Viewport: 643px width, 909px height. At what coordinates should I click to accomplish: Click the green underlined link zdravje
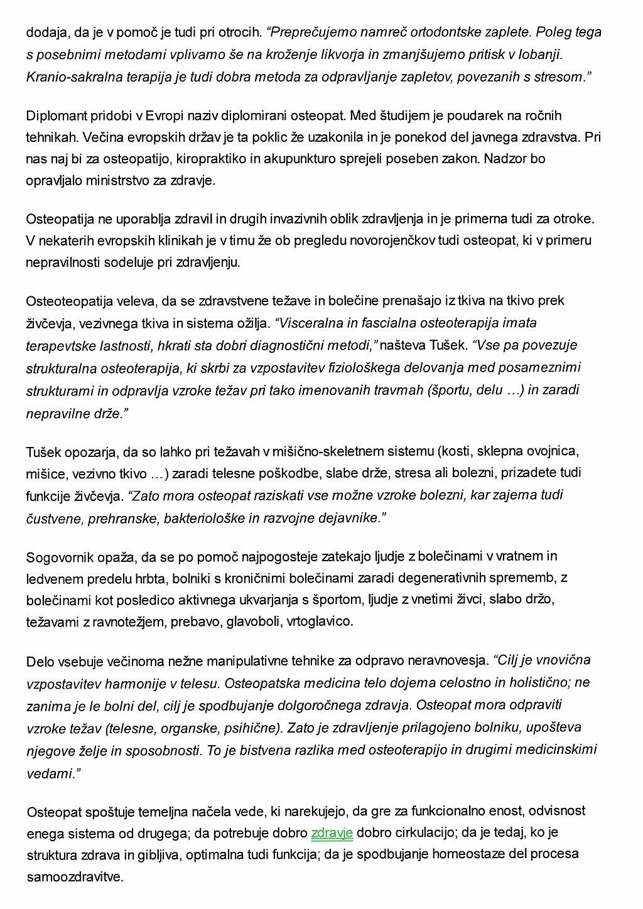pyautogui.click(x=332, y=833)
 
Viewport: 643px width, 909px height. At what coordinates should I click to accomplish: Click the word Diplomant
pyautogui.click(x=55, y=116)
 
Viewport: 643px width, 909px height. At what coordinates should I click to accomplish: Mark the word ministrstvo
pyautogui.click(x=119, y=180)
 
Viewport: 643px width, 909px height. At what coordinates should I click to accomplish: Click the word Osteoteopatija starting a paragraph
pyautogui.click(x=70, y=301)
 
